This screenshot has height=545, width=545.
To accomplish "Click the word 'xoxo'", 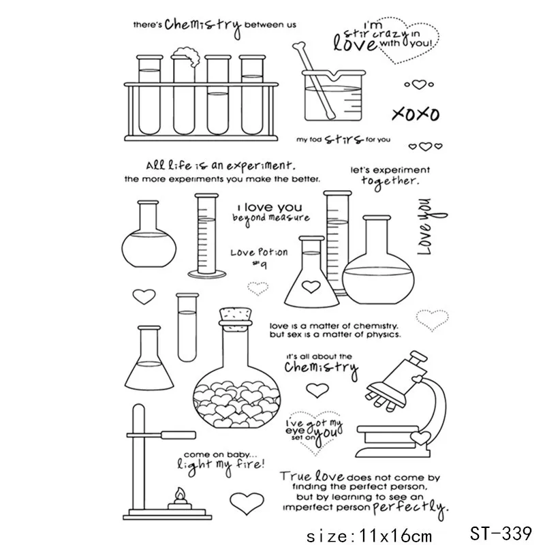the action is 416,114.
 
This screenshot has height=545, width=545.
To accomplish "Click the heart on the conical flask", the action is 311,286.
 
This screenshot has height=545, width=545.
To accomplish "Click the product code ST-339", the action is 501,533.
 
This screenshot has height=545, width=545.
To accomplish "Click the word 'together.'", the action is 390,181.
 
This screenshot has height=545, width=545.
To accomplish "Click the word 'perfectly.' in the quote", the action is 411,508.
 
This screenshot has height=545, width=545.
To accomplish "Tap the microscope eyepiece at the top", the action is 418,357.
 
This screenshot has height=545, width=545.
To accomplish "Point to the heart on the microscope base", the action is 420,437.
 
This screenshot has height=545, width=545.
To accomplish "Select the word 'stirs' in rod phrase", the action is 344,139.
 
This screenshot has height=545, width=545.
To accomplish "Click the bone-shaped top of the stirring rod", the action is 299,46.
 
